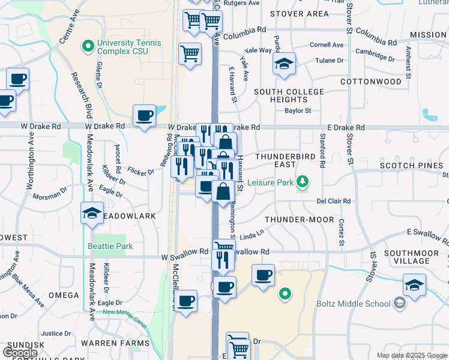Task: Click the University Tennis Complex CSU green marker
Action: click(88, 45)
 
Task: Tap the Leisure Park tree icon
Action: click(304, 181)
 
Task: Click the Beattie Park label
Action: click(110, 246)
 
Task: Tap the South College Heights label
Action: click(288, 95)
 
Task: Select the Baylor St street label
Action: click(298, 110)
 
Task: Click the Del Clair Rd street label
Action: click(333, 202)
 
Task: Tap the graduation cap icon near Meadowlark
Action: click(92, 213)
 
